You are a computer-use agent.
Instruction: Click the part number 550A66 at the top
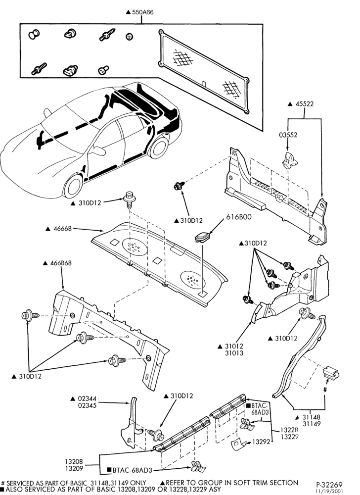click(143, 12)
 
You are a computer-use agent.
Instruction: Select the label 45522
click(305, 104)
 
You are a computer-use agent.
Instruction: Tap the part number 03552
click(288, 135)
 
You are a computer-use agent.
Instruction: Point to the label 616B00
click(239, 217)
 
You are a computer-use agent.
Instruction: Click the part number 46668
click(63, 229)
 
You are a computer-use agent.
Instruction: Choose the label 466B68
click(61, 263)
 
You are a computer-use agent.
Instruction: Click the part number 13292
click(261, 442)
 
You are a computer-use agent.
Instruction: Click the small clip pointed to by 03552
click(289, 160)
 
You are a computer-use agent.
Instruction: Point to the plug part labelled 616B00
click(202, 237)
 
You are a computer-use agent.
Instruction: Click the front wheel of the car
click(73, 186)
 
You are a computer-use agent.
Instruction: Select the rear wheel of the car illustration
click(159, 147)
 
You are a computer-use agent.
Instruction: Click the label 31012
click(234, 346)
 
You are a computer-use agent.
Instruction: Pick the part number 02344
click(87, 398)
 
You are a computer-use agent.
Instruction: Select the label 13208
click(74, 461)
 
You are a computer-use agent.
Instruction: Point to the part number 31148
click(312, 417)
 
